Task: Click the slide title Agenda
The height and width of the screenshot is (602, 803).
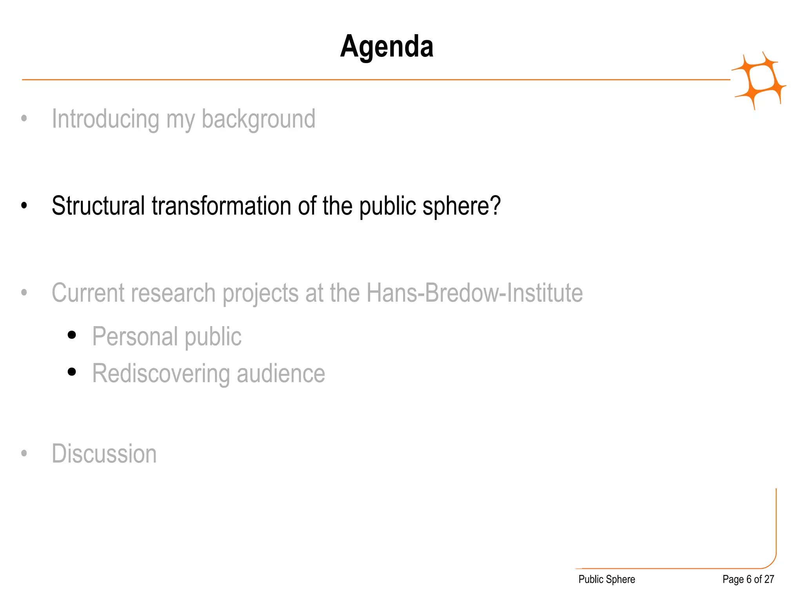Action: (387, 47)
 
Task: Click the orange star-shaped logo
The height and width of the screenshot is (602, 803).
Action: (759, 80)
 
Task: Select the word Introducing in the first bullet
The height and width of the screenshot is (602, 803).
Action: (105, 119)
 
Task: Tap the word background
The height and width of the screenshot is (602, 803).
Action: (258, 120)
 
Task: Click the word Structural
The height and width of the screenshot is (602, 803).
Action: (98, 206)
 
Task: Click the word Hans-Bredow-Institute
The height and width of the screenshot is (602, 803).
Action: (474, 293)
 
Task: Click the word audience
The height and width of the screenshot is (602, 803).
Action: (281, 374)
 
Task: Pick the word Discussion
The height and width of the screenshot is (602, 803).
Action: (104, 454)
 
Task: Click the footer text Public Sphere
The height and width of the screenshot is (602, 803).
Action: (607, 579)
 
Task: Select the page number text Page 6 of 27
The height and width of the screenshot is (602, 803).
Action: (748, 579)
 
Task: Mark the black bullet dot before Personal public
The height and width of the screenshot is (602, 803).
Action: (71, 335)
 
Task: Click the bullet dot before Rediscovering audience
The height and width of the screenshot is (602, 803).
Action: (71, 372)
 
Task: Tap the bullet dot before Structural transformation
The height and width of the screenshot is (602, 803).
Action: (24, 205)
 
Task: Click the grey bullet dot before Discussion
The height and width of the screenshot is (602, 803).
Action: (24, 453)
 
